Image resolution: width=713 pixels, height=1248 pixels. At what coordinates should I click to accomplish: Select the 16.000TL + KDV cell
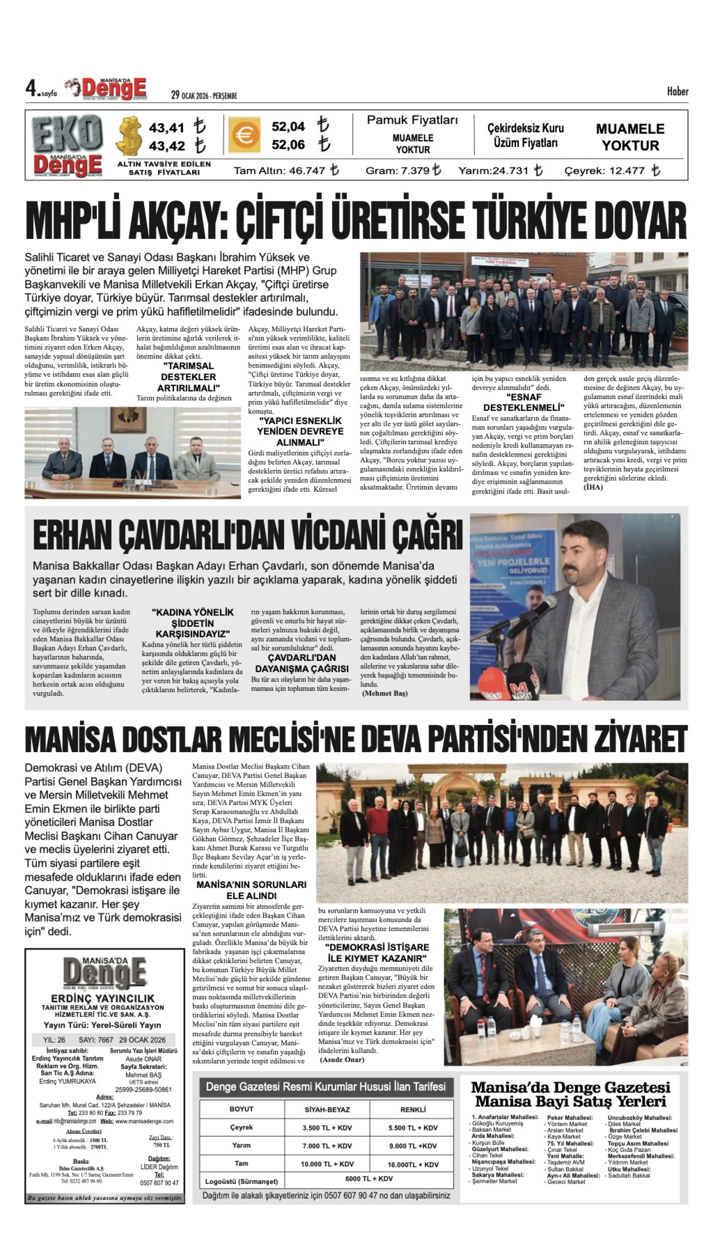coord(412,1164)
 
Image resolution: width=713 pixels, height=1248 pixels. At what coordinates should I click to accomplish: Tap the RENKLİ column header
coord(412,1110)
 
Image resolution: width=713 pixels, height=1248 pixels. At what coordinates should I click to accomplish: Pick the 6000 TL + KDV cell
coord(369,1179)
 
